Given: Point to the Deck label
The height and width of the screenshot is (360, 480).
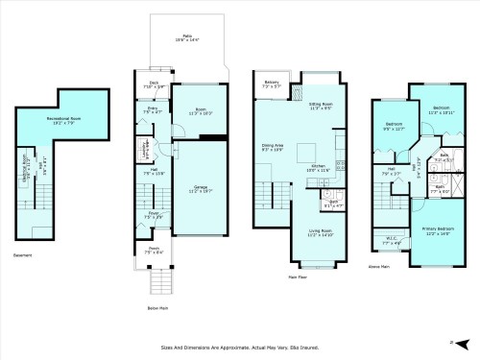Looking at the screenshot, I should click(154, 83).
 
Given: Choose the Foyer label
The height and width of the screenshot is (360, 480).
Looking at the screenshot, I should click(153, 214).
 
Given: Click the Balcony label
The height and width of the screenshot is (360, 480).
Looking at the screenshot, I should click(272, 84).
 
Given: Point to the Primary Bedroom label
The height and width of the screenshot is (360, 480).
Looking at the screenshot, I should click(439, 228).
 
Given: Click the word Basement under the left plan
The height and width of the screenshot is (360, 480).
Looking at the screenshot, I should click(24, 254).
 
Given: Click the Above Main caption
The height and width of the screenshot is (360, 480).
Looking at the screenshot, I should click(380, 266).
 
